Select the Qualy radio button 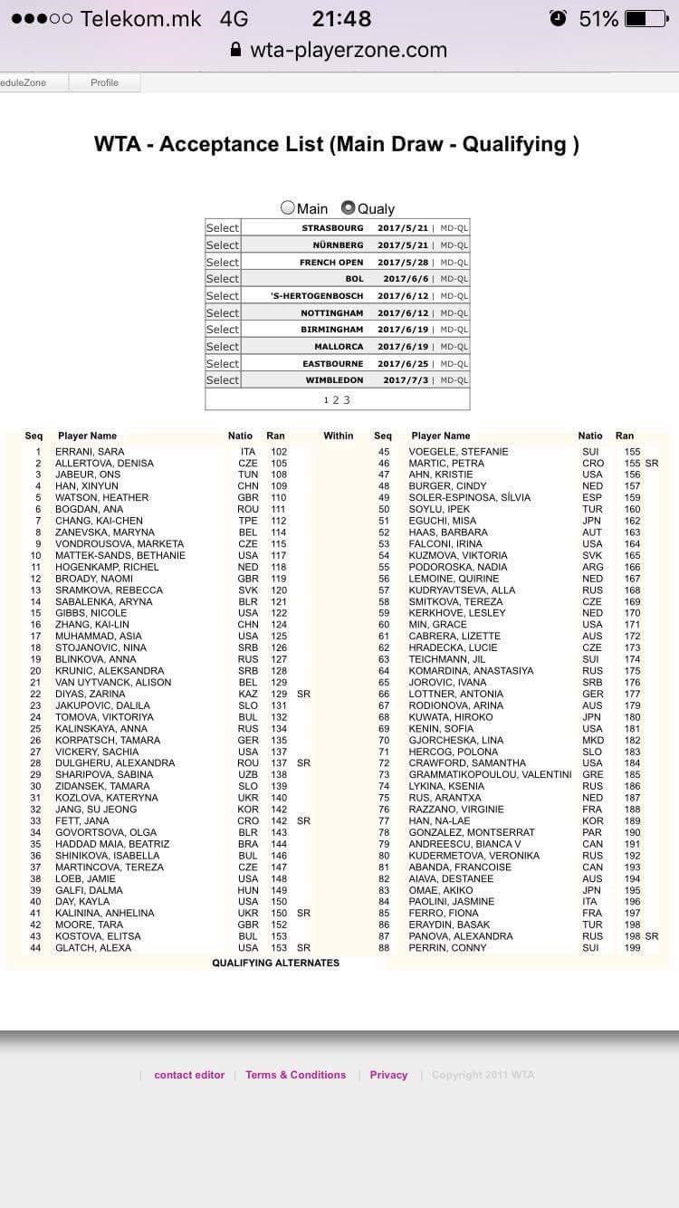point(348,208)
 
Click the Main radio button point(288,208)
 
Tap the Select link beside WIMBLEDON point(223,380)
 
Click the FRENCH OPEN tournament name point(331,262)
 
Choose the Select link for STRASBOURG point(223,228)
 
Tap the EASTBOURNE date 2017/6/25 point(402,363)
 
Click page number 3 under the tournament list point(346,400)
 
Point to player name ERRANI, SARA point(90,452)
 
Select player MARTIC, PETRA point(446,464)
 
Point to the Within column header point(339,436)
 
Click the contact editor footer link point(189,1075)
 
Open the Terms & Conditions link point(295,1075)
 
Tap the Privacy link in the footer point(388,1075)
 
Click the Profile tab point(104,82)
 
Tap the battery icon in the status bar point(647,19)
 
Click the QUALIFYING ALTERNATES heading point(276,963)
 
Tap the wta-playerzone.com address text point(349,50)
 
